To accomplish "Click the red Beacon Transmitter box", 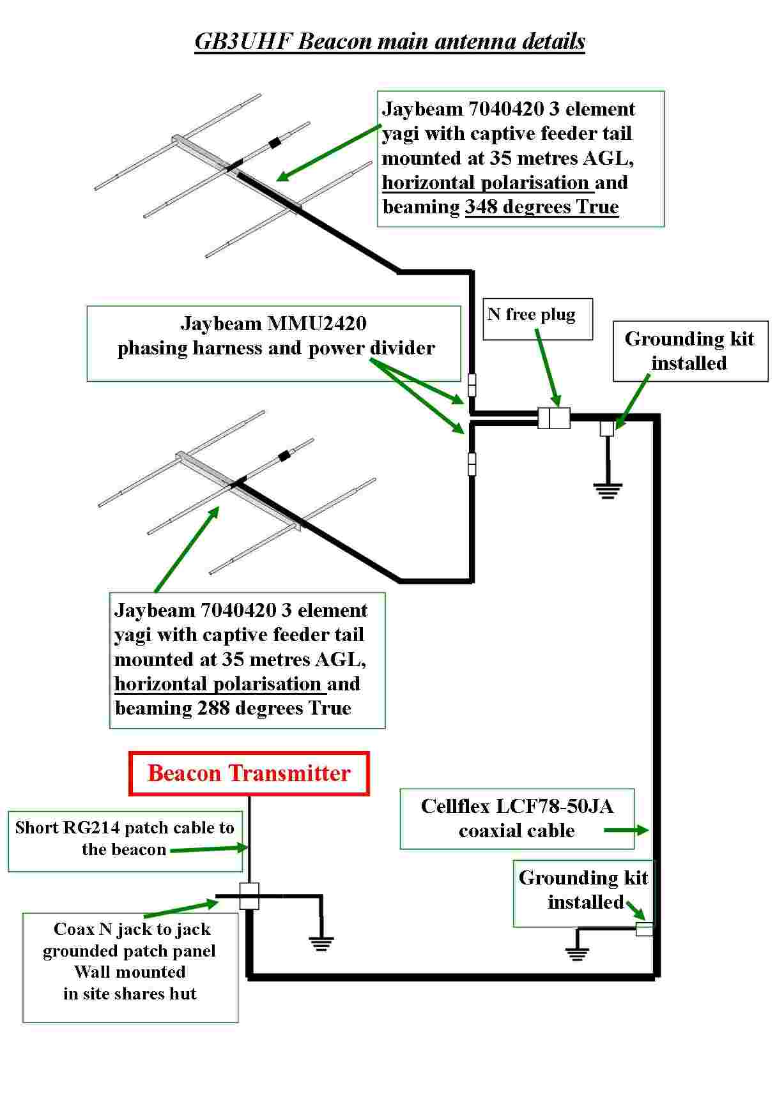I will (x=249, y=773).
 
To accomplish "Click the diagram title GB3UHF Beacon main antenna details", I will (x=390, y=42).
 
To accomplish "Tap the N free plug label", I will (x=532, y=315).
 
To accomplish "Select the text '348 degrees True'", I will (x=542, y=207).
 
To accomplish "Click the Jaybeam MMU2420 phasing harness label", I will (x=274, y=336).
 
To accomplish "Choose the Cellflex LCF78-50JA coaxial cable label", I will (x=516, y=818).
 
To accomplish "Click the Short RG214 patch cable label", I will (x=125, y=838).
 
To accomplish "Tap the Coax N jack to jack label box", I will (x=130, y=961).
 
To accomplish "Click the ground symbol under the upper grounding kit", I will (x=607, y=490).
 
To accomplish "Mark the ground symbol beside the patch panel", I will (x=321, y=943).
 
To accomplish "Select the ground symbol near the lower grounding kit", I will (x=577, y=953).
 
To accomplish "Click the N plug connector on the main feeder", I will (x=553, y=418).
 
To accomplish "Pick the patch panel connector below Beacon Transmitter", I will (x=249, y=895).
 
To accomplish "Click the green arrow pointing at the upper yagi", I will (x=329, y=151).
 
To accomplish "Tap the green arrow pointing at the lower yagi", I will (x=187, y=549).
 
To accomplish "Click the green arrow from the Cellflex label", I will (x=626, y=830).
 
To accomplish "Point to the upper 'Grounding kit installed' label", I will (x=689, y=351).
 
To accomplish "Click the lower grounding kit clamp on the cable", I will (x=645, y=929).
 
